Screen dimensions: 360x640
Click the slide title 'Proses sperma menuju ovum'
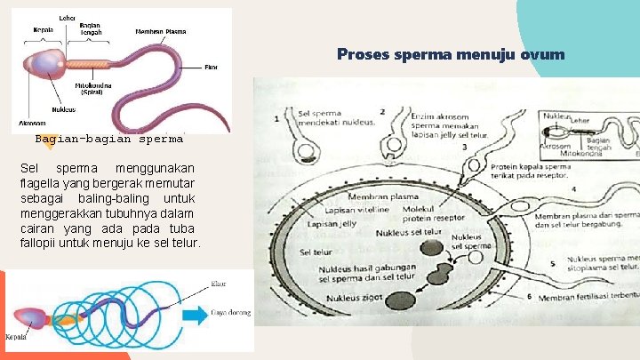450,55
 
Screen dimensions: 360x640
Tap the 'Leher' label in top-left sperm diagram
67,18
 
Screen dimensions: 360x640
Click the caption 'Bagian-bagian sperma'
108,139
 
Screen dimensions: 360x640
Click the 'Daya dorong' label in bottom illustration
230,313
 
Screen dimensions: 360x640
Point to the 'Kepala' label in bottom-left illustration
15,338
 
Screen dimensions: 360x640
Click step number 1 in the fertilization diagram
276,118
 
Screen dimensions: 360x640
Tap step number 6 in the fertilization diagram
530,296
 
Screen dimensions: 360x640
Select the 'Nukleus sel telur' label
408,233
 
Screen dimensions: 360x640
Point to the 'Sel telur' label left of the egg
316,252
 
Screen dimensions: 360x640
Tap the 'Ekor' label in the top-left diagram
211,67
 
